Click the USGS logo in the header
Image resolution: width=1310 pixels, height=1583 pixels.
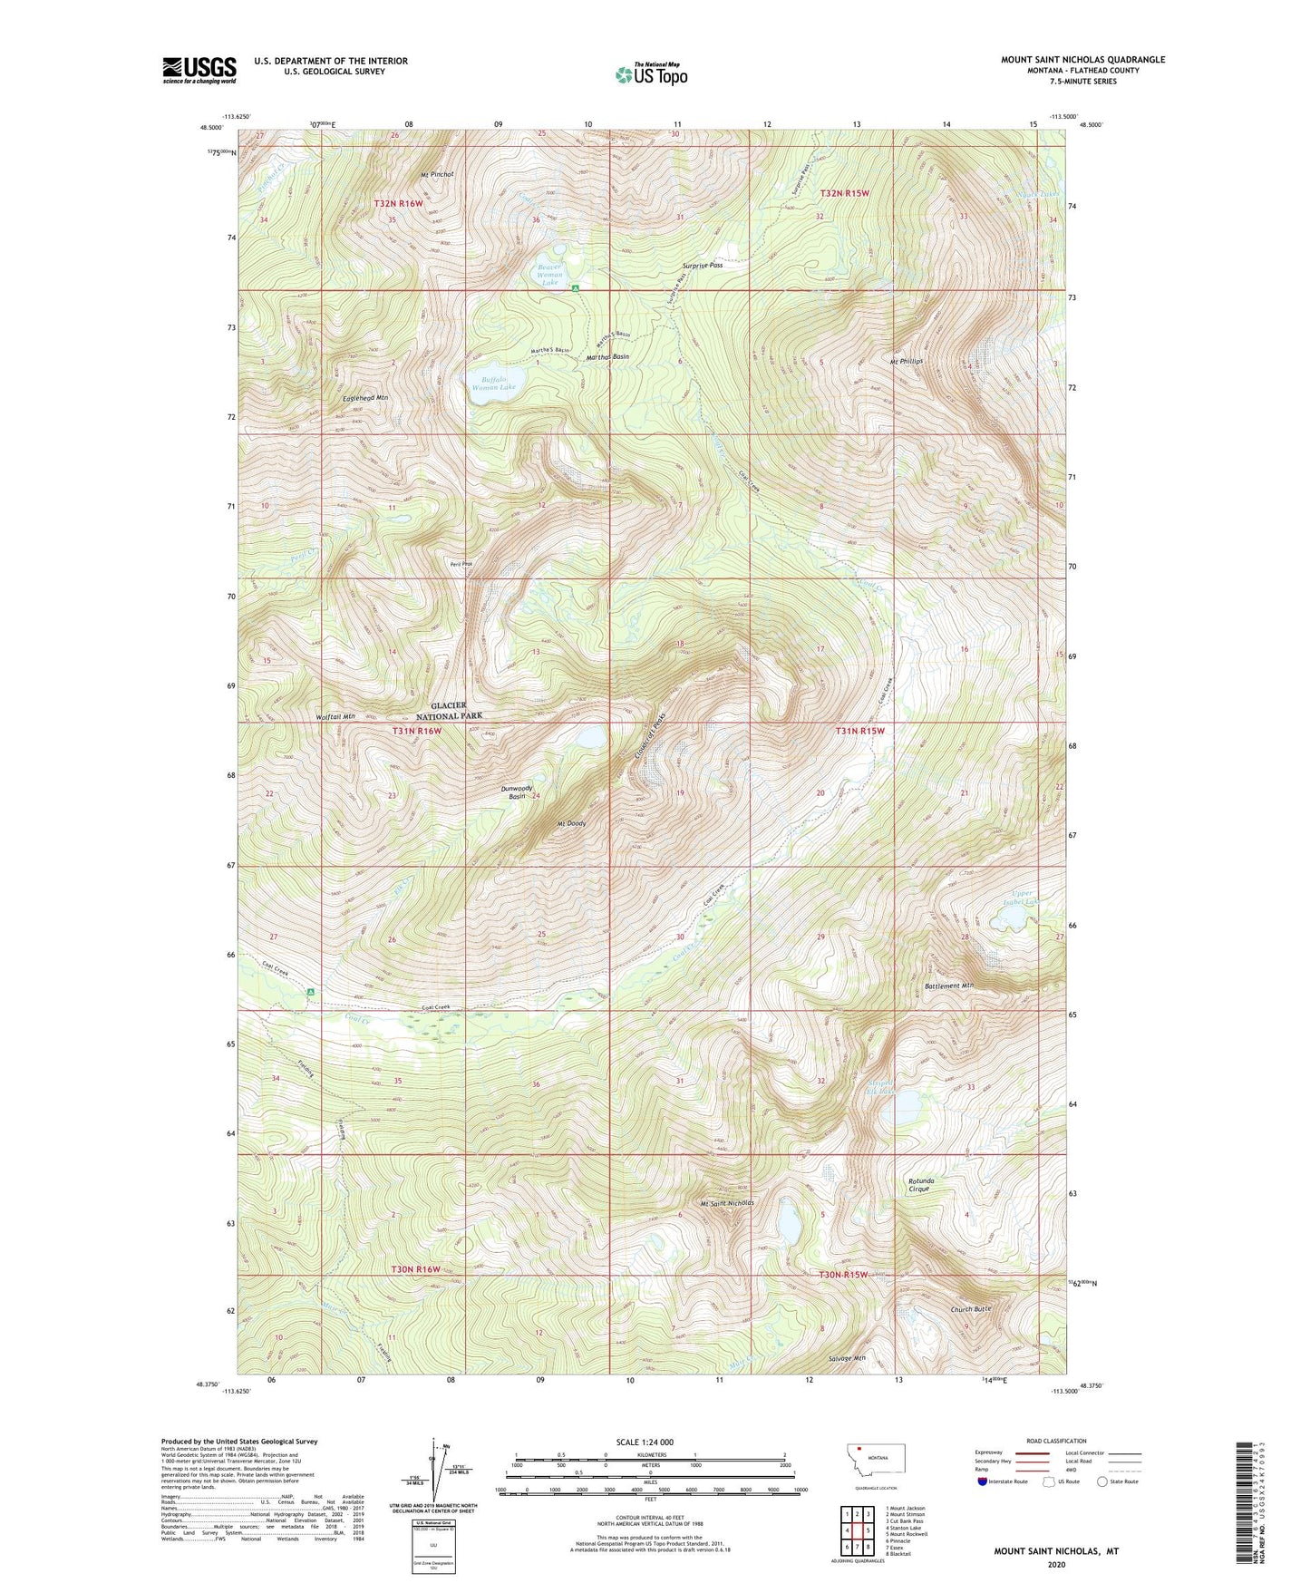coord(199,70)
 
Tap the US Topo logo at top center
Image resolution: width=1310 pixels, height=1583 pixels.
coord(650,74)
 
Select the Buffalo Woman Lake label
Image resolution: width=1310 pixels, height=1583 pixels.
coord(493,383)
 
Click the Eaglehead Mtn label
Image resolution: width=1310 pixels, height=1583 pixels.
coord(365,398)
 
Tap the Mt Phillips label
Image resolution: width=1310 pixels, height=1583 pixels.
coord(906,361)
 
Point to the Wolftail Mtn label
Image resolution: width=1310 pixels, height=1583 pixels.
coord(335,716)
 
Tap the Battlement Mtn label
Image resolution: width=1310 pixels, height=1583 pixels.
coord(948,986)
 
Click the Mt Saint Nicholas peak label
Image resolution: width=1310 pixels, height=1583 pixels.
coord(726,1203)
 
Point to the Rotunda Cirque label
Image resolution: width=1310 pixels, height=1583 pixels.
coord(920,1184)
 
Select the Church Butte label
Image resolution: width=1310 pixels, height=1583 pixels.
coord(971,1309)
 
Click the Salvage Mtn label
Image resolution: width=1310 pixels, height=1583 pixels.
coord(847,1358)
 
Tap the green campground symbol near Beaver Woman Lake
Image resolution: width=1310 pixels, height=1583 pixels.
coord(577,288)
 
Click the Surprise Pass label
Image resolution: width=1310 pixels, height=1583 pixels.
coord(703,266)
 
